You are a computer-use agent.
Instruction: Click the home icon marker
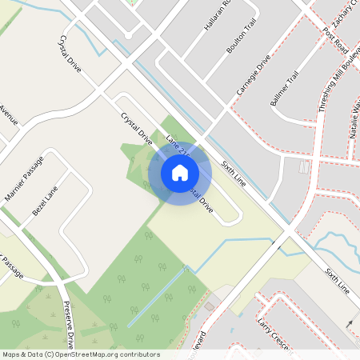tap(180, 173)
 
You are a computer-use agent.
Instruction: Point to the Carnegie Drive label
tap(254, 77)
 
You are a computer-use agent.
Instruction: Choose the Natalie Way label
tap(354, 120)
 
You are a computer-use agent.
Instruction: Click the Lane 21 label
tap(177, 146)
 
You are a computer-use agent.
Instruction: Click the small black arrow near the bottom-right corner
tap(350, 322)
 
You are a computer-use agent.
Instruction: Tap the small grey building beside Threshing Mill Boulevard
tap(304, 167)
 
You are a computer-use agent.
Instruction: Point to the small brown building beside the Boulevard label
tap(209, 306)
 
